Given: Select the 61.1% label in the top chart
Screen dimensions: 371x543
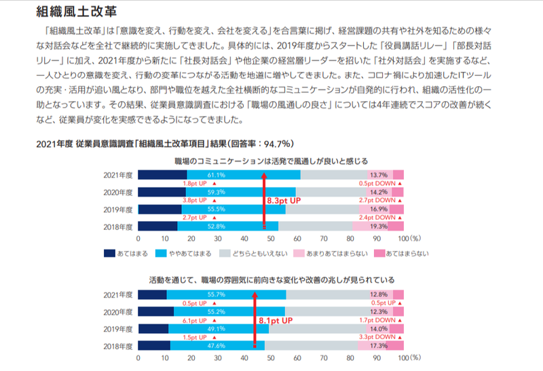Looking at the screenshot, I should pos(226,175).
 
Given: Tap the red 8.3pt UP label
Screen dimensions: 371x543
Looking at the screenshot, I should pos(285,201).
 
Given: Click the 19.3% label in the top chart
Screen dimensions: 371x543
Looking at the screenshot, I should pos(378,227).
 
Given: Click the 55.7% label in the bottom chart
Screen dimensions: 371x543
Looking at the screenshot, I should pos(217,294).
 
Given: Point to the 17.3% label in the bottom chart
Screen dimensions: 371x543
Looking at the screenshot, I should pos(378,345).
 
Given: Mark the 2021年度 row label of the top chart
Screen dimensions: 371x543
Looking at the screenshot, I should pos(119,175).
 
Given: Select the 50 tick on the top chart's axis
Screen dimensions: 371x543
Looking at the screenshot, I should pos(271,239).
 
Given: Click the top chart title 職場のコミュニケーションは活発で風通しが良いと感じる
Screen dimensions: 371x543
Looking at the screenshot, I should pos(271,161).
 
